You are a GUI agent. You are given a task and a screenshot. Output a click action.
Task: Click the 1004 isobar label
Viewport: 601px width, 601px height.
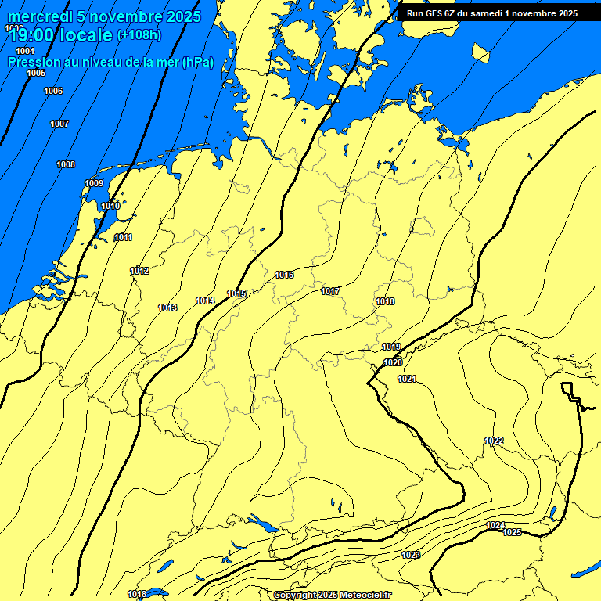[x=25, y=51]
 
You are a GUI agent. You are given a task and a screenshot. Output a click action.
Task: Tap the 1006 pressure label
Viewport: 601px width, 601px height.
[x=53, y=92]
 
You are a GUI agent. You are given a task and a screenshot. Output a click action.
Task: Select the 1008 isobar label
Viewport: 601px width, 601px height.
[x=66, y=164]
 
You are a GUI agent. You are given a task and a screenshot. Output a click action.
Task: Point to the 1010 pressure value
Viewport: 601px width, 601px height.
[x=110, y=206]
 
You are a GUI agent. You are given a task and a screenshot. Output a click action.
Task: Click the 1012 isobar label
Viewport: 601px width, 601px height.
[x=139, y=271]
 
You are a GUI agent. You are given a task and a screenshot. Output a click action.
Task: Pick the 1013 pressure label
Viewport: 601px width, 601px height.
[x=167, y=308]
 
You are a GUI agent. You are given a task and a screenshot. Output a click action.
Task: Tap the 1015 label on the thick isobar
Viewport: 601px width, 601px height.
[x=237, y=293]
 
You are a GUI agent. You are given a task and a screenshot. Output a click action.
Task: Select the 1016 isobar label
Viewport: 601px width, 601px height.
[x=284, y=275]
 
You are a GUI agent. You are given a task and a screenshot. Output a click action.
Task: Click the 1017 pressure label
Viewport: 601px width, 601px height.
[x=330, y=291]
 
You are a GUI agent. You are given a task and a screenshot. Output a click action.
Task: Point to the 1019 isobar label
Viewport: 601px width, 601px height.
[x=391, y=347]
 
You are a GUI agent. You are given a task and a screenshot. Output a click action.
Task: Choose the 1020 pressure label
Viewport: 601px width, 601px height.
[x=393, y=362]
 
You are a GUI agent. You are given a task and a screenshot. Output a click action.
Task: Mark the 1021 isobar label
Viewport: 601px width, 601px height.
[x=407, y=379]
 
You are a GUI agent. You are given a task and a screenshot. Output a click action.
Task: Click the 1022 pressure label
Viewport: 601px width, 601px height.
[x=494, y=441]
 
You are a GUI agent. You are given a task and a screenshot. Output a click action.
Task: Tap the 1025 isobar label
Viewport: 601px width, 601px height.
[x=512, y=532]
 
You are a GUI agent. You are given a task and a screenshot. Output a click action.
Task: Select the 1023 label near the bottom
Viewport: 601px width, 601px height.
[x=411, y=555]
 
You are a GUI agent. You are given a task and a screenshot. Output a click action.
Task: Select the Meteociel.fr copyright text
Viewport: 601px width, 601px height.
[x=363, y=595]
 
